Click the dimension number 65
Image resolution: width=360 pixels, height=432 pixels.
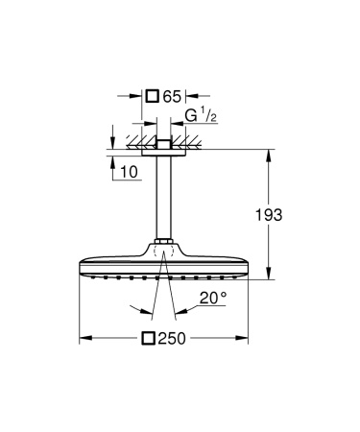pyautogui.click(x=172, y=95)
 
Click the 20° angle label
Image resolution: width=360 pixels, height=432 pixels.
pyautogui.click(x=213, y=299)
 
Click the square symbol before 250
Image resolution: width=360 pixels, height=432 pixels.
pyautogui.click(x=149, y=339)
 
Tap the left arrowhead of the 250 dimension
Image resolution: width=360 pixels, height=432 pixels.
pyautogui.click(x=83, y=339)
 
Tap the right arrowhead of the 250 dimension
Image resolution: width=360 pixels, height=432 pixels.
pyautogui.click(x=250, y=339)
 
